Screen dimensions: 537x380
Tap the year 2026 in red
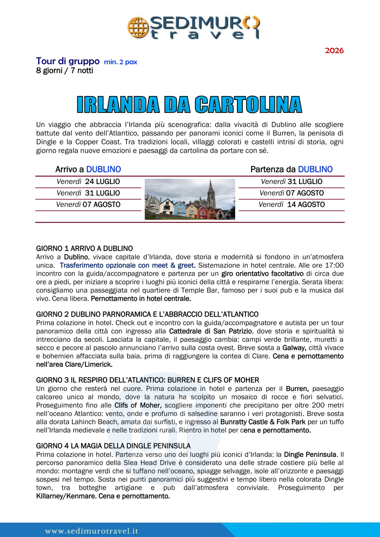point(334,50)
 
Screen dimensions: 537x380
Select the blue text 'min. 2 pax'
point(120,62)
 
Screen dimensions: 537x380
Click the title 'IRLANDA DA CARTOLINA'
point(190,105)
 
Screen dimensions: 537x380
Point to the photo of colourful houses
point(190,199)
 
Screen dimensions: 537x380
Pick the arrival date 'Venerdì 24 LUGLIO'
point(88,182)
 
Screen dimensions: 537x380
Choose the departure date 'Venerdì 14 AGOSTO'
point(291,205)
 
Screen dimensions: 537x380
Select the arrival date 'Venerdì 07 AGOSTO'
point(88,205)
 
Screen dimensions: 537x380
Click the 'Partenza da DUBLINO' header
point(291,169)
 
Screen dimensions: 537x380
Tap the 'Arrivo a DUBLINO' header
point(88,169)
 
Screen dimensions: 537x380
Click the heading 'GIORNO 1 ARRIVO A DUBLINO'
point(84,248)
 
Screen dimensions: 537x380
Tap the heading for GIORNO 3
point(148,380)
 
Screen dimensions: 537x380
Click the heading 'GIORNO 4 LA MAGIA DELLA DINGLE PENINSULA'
point(113,446)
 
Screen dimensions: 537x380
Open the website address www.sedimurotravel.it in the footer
point(92,531)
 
